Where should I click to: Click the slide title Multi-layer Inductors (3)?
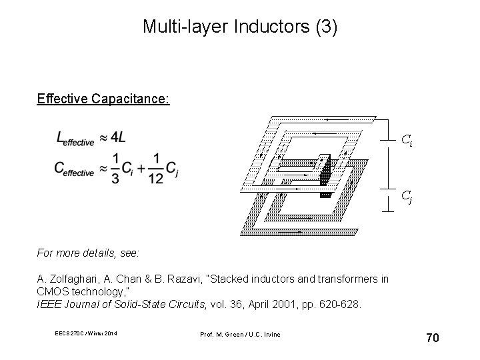pyautogui.click(x=240, y=27)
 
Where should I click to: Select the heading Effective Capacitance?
pyautogui.click(x=103, y=99)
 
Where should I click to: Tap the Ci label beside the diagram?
pyautogui.click(x=406, y=139)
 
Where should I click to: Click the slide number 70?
pyautogui.click(x=432, y=338)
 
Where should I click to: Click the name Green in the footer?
pyautogui.click(x=242, y=334)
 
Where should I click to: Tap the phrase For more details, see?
pyautogui.click(x=88, y=254)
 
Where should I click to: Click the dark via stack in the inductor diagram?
pyautogui.click(x=325, y=175)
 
